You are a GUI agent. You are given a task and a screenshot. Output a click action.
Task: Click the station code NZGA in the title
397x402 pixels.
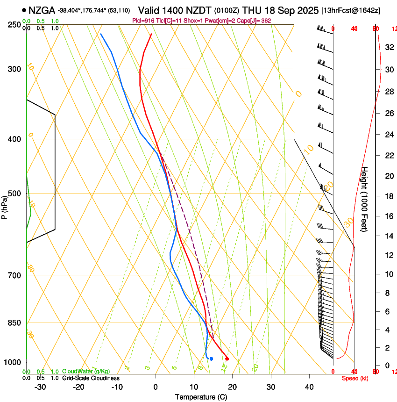click(x=42, y=10)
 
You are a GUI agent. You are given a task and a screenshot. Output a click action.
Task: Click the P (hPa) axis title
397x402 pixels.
click(x=4, y=206)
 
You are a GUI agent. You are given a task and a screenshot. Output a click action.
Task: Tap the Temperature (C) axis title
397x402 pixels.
click(x=201, y=397)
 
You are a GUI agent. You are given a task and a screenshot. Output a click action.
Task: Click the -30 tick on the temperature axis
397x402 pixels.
click(x=40, y=387)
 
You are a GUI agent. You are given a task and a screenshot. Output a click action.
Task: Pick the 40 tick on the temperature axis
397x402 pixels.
click(x=309, y=387)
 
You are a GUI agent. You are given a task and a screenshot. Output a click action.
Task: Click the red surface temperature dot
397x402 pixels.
click(x=227, y=359)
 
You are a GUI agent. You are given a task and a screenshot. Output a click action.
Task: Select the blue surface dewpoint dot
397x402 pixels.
click(x=211, y=359)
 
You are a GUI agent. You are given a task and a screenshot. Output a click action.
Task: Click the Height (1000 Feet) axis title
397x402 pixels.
click(x=365, y=199)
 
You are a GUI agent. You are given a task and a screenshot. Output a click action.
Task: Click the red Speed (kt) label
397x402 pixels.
click(x=355, y=378)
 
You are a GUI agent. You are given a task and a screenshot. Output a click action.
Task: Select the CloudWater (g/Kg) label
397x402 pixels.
click(x=86, y=372)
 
